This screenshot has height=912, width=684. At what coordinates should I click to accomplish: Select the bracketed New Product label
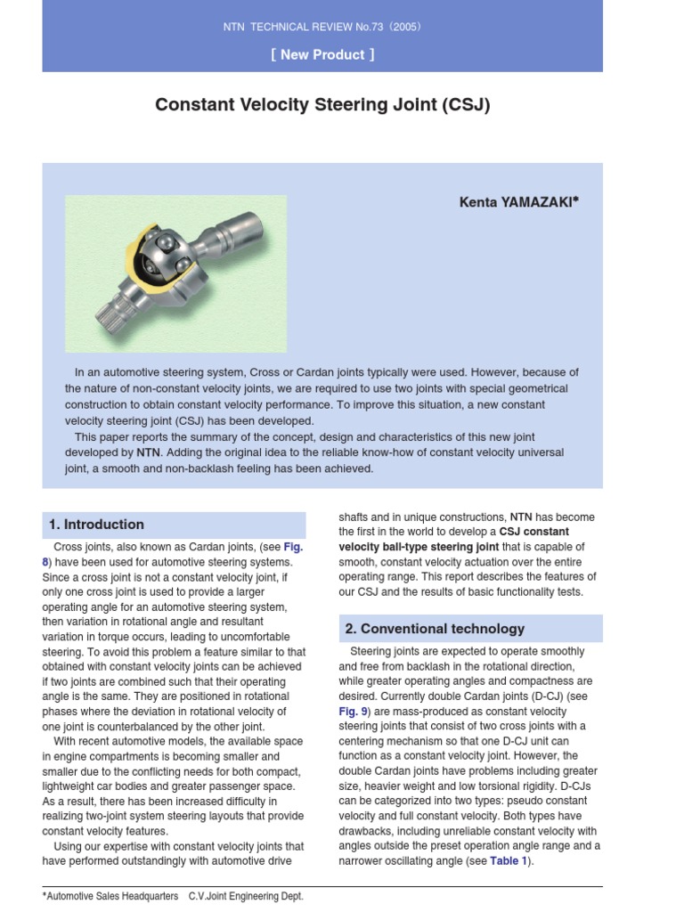[x=322, y=54]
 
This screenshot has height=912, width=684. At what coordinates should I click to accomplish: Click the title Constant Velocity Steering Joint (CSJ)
[x=322, y=105]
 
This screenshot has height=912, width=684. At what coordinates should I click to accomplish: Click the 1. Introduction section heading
[x=97, y=525]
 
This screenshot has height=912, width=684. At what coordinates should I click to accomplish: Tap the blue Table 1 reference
[x=509, y=861]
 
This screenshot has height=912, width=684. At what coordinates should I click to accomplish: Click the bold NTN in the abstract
[x=148, y=452]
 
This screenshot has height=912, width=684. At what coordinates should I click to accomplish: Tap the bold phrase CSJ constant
[x=533, y=532]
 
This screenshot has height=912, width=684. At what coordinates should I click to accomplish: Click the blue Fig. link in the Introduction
[x=293, y=547]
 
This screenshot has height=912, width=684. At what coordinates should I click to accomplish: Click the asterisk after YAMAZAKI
[x=575, y=200]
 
